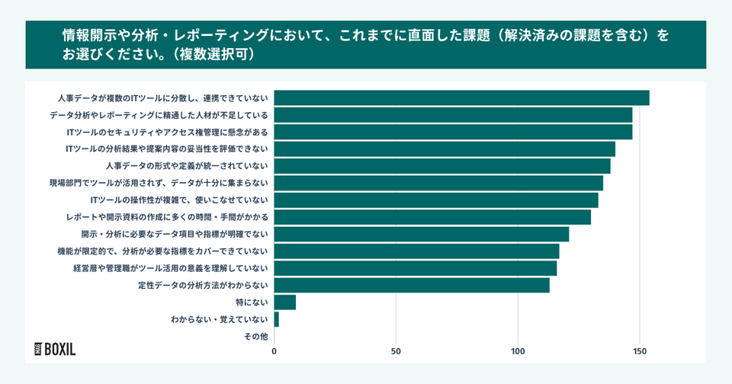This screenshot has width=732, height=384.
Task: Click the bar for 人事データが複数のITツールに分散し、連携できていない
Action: [x=461, y=98]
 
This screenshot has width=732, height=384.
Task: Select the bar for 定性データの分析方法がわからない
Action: [x=412, y=285]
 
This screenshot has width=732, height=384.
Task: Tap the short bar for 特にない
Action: [x=284, y=302]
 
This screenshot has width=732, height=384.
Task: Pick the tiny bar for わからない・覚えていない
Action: [x=276, y=319]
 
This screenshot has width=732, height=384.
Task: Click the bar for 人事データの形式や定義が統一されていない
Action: [x=442, y=166]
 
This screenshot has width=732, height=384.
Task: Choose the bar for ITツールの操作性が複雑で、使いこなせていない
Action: [x=436, y=200]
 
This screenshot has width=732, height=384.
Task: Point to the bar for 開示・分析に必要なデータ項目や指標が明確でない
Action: [x=422, y=234]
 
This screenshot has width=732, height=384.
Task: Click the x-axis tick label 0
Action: [x=274, y=352]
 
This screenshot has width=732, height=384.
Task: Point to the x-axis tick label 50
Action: [x=396, y=352]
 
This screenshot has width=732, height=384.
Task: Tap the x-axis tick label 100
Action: [x=518, y=352]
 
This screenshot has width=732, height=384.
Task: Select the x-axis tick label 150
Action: [x=640, y=352]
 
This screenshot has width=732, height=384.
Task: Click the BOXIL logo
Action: [x=55, y=349]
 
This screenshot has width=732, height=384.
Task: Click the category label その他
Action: [x=255, y=336]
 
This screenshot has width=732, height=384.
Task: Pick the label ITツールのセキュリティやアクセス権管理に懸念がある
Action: [x=167, y=132]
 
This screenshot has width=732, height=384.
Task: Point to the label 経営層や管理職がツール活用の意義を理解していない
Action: [x=170, y=268]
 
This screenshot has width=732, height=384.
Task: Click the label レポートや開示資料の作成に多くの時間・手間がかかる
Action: [x=167, y=217]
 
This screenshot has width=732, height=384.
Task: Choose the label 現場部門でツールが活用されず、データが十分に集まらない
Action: [x=159, y=183]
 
